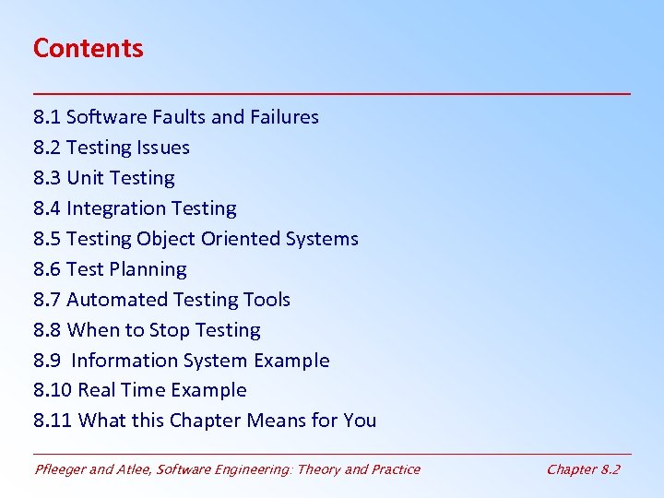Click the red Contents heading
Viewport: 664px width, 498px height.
click(x=89, y=48)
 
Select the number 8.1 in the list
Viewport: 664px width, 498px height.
click(x=47, y=117)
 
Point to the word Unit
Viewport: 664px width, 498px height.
click(x=85, y=178)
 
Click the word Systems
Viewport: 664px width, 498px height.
click(x=322, y=239)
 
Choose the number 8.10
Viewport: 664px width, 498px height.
click(x=53, y=390)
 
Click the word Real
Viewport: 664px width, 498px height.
click(x=96, y=390)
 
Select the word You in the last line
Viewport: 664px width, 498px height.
click(x=360, y=421)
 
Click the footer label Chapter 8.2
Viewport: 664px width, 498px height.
click(x=583, y=469)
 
